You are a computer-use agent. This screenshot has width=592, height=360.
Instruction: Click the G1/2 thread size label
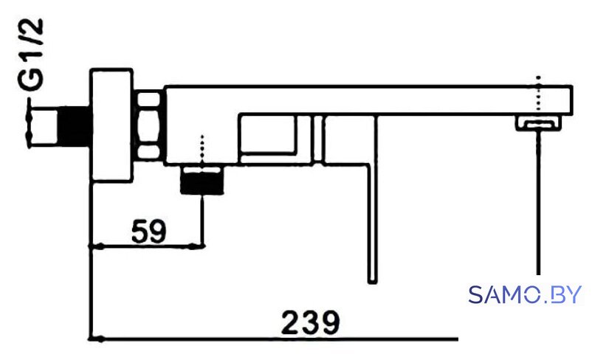click(31, 55)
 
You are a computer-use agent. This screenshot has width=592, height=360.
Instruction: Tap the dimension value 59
click(148, 231)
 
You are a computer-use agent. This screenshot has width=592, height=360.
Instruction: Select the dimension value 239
click(310, 322)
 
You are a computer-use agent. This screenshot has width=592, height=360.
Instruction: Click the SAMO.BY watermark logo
click(525, 295)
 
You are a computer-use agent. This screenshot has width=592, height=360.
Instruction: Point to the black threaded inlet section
click(73, 126)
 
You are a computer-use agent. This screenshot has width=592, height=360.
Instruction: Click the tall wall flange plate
click(111, 125)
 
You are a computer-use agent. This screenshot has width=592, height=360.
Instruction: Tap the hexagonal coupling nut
click(148, 126)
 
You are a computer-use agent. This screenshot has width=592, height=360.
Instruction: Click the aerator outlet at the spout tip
click(538, 123)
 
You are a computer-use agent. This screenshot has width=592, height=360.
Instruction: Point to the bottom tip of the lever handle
click(372, 282)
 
